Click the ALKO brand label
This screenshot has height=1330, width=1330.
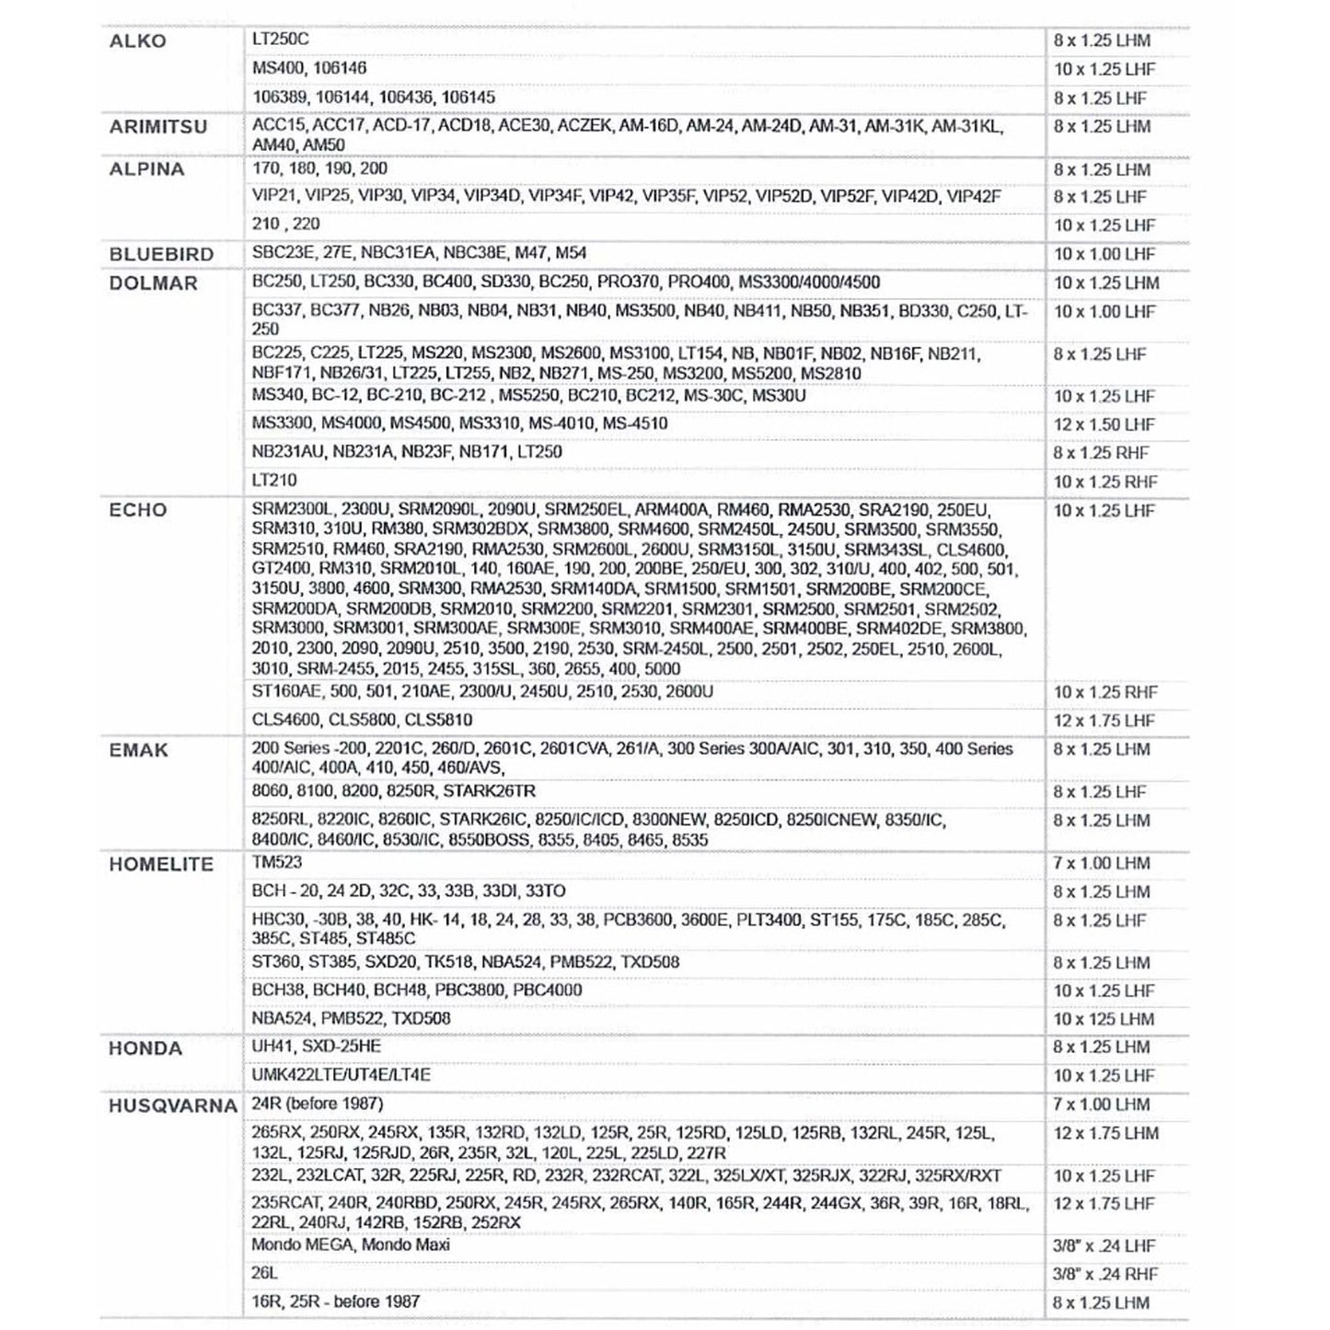pyautogui.click(x=138, y=41)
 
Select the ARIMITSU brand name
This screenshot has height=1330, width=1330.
pyautogui.click(x=158, y=127)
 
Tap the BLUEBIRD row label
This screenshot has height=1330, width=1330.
pyautogui.click(x=161, y=254)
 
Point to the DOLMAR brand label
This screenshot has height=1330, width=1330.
pyautogui.click(x=153, y=283)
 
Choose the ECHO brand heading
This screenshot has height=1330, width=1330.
pyautogui.click(x=138, y=511)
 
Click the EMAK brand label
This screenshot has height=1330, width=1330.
pyautogui.click(x=139, y=750)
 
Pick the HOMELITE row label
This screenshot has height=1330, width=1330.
pyautogui.click(x=161, y=864)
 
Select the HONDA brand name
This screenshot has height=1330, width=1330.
pyautogui.click(x=145, y=1048)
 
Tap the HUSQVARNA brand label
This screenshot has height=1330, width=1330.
pyautogui.click(x=173, y=1105)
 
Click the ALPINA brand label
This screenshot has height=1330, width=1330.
pyautogui.click(x=146, y=169)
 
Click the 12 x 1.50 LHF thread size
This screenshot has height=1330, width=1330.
pyautogui.click(x=1104, y=424)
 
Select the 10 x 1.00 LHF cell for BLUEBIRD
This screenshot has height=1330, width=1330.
pyautogui.click(x=1104, y=254)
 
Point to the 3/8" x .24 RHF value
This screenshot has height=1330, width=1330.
pyautogui.click(x=1105, y=1275)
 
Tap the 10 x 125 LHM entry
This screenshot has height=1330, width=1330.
pyautogui.click(x=1104, y=1019)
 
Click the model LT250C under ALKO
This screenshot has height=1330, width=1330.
pyautogui.click(x=281, y=40)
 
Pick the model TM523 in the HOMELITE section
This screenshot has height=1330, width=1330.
pyautogui.click(x=277, y=862)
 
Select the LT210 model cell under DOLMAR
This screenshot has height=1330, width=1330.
pyautogui.click(x=274, y=480)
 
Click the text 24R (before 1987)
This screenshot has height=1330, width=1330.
pyautogui.click(x=318, y=1104)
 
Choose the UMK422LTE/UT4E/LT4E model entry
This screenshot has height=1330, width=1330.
pyautogui.click(x=341, y=1075)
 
